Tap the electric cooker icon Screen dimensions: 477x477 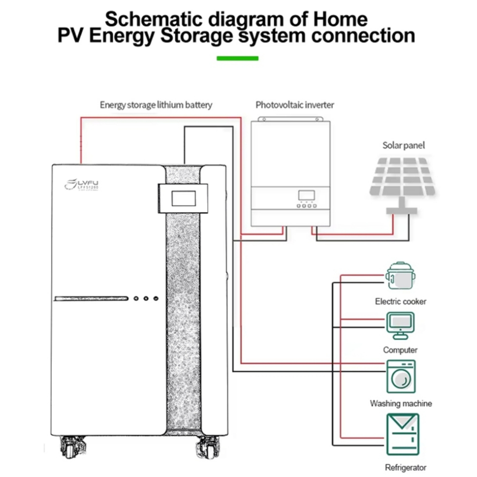pos(400,277)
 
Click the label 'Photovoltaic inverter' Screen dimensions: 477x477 pos(294,105)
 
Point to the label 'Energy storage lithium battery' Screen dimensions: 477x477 pos(156,105)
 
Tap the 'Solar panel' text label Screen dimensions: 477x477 pos(403,145)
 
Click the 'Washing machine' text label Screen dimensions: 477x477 pos(401,403)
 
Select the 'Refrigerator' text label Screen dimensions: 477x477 pos(406,468)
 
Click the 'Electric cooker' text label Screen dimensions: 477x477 pos(400,301)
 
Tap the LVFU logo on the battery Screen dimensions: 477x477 pos(81,185)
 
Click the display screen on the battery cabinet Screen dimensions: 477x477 pos(183,198)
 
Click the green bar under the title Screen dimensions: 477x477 pos(238,58)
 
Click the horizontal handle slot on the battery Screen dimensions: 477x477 pos(91,298)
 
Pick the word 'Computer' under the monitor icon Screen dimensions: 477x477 pos(400,350)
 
